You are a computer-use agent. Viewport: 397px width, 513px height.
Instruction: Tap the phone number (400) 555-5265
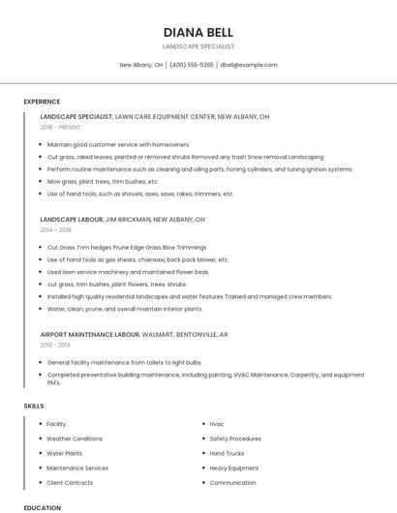(192, 65)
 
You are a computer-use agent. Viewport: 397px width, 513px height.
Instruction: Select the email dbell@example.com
(249, 65)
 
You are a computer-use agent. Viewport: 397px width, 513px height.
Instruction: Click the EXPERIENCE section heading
(42, 102)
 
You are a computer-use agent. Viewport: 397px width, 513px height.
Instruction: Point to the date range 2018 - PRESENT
(61, 127)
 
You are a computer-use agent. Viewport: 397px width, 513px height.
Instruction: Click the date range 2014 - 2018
(55, 230)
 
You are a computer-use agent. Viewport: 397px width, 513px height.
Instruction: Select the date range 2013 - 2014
(55, 345)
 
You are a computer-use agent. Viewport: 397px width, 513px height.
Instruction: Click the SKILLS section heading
(34, 407)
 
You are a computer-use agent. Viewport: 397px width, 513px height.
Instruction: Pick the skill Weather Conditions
(75, 438)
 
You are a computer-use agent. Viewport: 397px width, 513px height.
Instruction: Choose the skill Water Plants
(65, 453)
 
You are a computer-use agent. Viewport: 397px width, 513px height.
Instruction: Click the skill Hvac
(217, 424)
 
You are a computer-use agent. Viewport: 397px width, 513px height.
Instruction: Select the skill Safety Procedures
(235, 438)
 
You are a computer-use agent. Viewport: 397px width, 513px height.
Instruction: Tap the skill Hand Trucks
(227, 453)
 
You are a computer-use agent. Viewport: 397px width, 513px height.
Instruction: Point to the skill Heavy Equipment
(234, 468)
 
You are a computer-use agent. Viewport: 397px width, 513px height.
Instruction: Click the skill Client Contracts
(70, 482)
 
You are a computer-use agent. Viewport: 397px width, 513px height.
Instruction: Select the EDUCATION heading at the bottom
(42, 507)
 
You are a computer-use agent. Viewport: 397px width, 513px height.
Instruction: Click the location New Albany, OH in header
(140, 65)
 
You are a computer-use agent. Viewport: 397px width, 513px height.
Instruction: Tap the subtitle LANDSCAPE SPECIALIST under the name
(198, 46)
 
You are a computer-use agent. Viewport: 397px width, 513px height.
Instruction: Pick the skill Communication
(232, 482)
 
